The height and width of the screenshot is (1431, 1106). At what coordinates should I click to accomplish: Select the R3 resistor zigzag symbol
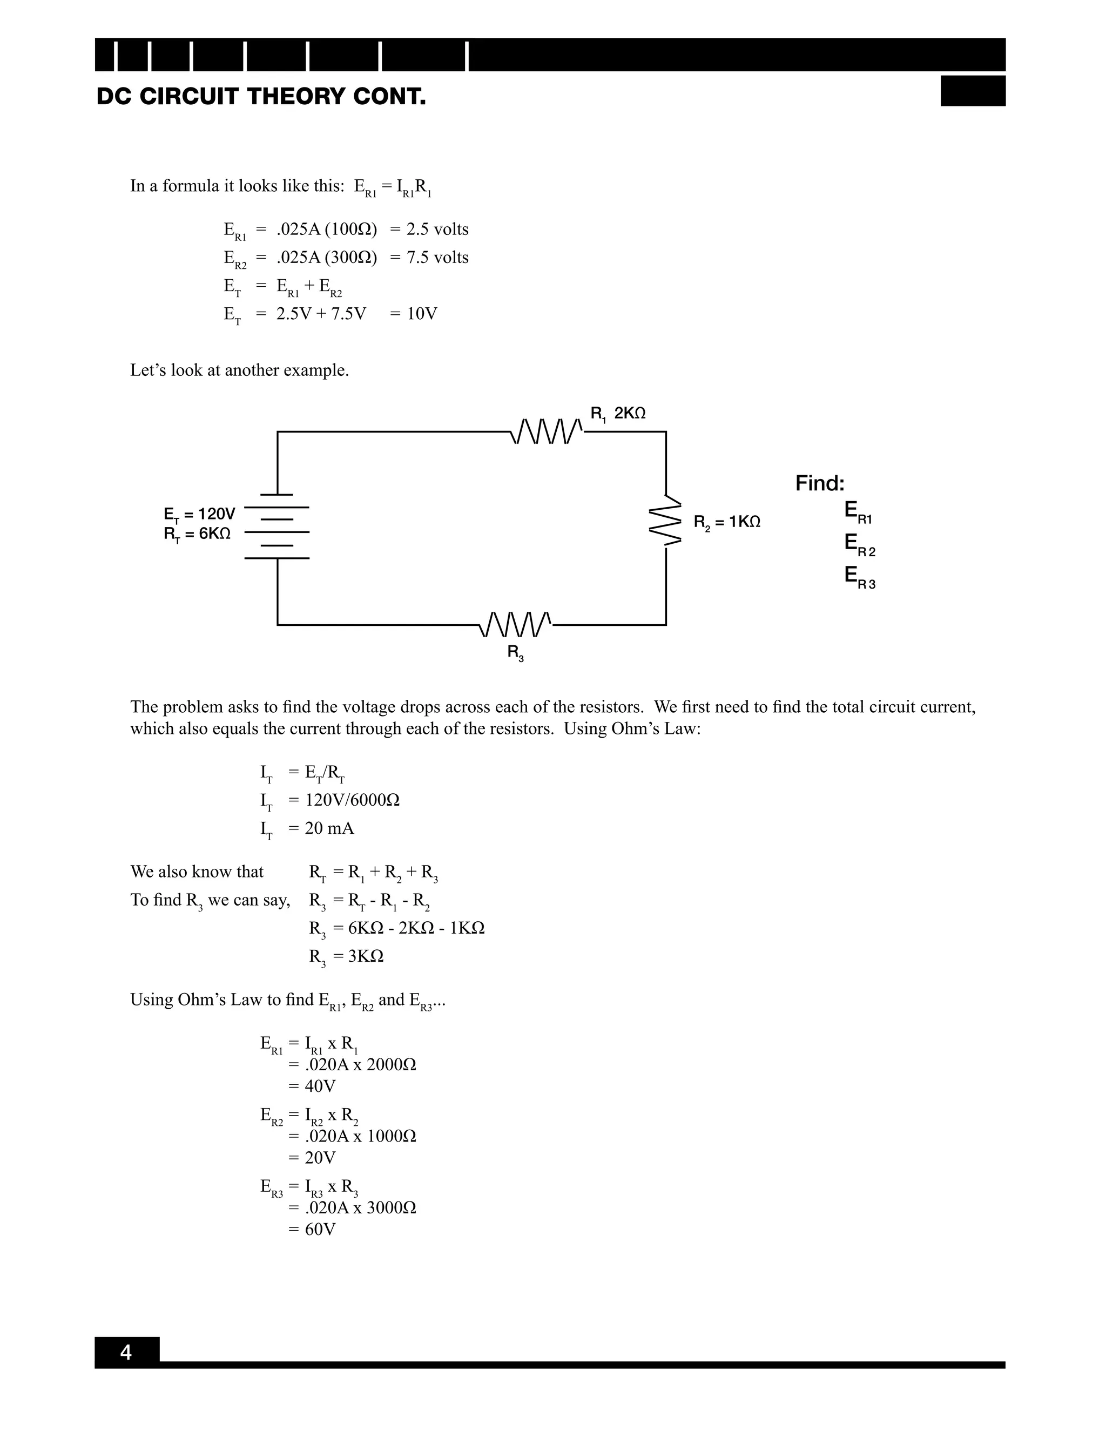click(x=516, y=624)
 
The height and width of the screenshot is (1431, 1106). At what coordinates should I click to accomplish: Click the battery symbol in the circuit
click(x=277, y=526)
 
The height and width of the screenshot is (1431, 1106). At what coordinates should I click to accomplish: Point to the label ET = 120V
click(x=199, y=514)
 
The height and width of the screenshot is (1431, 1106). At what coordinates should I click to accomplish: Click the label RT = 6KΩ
click(x=197, y=535)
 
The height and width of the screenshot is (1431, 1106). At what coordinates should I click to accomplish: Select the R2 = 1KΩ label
click(x=727, y=522)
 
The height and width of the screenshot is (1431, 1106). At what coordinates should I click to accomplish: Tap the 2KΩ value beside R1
click(x=630, y=414)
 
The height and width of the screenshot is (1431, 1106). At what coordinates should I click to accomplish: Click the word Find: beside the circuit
click(x=820, y=483)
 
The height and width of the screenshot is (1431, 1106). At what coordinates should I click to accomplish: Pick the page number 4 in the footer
click(x=126, y=1352)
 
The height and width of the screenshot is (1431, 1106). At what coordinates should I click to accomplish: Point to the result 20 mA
click(x=329, y=828)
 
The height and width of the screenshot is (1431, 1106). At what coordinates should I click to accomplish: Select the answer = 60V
click(x=313, y=1229)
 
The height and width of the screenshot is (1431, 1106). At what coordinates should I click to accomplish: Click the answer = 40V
click(x=313, y=1086)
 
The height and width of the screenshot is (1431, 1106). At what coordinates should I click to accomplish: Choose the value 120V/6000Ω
click(x=353, y=800)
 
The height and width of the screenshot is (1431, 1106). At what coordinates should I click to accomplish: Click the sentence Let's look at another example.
click(x=239, y=370)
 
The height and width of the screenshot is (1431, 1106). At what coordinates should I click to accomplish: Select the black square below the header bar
click(x=972, y=91)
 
